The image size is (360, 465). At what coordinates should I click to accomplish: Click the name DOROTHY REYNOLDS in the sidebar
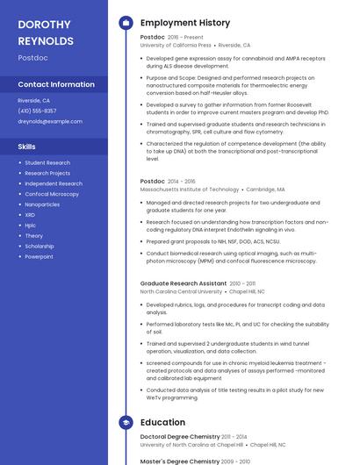point(46,32)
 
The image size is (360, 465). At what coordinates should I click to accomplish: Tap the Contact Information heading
point(56,85)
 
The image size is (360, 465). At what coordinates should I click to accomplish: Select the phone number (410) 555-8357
point(37,111)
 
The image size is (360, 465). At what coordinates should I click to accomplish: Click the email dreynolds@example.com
point(50,121)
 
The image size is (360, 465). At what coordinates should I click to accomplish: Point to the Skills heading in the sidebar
point(26,147)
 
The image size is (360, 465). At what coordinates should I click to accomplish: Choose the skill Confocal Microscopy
point(52,194)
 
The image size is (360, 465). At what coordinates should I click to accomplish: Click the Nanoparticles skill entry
point(42,204)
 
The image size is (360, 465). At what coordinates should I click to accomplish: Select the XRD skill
point(30,215)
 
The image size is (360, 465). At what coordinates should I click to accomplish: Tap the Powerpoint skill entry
point(39,257)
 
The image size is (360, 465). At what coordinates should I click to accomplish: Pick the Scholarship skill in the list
point(40,247)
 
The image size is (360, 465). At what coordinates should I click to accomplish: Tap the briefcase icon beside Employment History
point(126,22)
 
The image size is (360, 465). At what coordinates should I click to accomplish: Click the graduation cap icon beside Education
point(126,423)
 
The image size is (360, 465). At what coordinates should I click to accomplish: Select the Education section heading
point(162,423)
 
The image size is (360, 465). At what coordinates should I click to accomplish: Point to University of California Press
point(176,45)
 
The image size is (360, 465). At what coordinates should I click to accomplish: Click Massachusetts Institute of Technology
point(189,189)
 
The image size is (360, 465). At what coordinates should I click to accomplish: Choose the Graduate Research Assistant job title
point(183,283)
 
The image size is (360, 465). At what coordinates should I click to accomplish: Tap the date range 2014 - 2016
point(182,181)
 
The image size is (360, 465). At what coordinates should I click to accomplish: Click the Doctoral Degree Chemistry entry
point(180,437)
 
